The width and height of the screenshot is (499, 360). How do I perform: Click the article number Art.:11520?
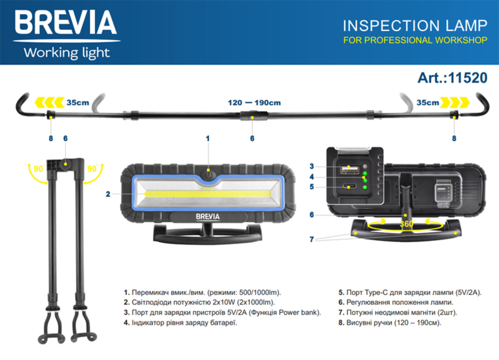tap(452, 77)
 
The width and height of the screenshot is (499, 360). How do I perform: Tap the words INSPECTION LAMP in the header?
tap(415, 26)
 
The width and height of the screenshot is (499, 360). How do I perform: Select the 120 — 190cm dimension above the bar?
tap(254, 102)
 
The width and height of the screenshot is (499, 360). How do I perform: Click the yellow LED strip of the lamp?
tap(208, 194)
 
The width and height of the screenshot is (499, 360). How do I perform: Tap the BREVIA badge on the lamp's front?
tap(208, 216)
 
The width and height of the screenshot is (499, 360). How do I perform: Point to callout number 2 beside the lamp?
tap(108, 194)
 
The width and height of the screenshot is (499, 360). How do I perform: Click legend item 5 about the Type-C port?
tap(410, 293)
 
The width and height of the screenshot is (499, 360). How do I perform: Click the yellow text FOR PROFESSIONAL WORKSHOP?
tap(415, 40)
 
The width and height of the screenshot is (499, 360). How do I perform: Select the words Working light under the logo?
tap(67, 53)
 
